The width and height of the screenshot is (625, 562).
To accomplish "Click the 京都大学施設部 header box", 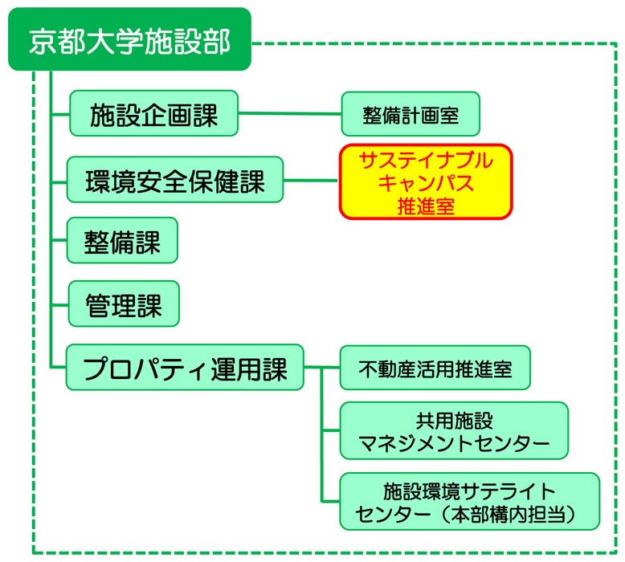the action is [x=129, y=39].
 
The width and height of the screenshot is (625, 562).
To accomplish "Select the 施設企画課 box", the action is [x=154, y=113].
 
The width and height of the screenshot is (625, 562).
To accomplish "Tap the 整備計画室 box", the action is [x=411, y=114].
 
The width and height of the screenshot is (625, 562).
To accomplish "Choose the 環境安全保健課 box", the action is [x=175, y=180].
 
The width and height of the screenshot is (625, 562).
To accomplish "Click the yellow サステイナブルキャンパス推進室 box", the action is [x=426, y=181].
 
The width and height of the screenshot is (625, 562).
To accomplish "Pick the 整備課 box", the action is [x=122, y=240].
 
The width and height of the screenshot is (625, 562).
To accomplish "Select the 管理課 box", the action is [x=124, y=304].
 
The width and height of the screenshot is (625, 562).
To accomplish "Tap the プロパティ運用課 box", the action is [x=185, y=367].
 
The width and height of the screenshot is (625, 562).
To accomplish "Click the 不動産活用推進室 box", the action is [x=435, y=368].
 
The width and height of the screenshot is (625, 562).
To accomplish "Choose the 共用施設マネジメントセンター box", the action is [x=454, y=430].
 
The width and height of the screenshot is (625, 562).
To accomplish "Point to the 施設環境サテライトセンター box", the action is [x=469, y=502].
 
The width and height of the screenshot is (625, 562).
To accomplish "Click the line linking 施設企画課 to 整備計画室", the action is [x=290, y=113].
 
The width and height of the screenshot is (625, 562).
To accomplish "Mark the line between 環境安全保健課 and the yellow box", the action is [x=312, y=181].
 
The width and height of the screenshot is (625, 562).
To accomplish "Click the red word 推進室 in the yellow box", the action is [x=426, y=206].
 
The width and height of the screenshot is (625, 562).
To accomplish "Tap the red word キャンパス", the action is [x=426, y=183].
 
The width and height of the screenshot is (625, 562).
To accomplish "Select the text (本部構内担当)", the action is [x=509, y=514].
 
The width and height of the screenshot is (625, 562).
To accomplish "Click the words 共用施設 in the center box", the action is [x=454, y=421].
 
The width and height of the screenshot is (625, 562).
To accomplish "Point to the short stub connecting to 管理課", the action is [x=60, y=305].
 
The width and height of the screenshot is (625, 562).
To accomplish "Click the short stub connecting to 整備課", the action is [x=59, y=240].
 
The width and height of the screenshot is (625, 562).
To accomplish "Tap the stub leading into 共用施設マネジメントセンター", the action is [x=331, y=430].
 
